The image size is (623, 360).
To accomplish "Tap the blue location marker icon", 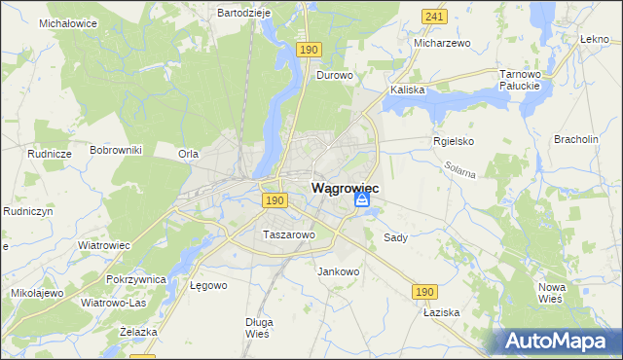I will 361,199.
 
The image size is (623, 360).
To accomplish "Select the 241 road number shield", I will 434,17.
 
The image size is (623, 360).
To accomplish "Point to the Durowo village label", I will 335,74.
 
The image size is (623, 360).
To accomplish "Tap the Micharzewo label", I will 442,43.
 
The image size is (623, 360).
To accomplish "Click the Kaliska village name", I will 408,89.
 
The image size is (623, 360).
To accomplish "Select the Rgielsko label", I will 453,141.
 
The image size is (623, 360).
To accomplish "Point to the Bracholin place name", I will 576,139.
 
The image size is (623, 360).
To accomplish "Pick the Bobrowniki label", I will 116,150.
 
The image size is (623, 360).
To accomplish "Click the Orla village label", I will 189,154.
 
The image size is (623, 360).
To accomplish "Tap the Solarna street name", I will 461,172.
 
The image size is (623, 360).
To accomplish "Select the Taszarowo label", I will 289,234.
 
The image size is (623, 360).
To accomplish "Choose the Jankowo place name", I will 339,271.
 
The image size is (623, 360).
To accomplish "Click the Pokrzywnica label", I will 137,279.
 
